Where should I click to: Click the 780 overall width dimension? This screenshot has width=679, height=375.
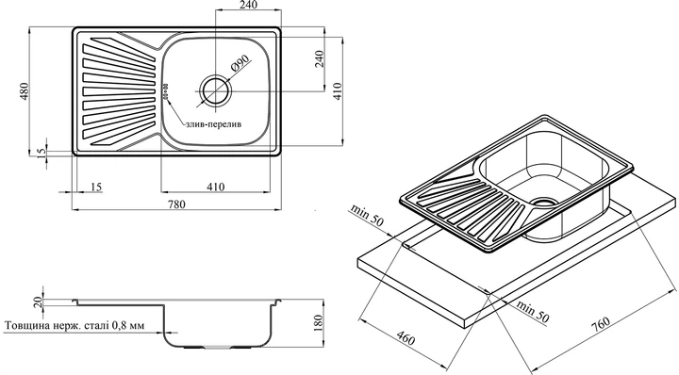point(176,204)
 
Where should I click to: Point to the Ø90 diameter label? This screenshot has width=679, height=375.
point(241,63)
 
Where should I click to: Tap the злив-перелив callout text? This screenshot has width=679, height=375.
point(213,124)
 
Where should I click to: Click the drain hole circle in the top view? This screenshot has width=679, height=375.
point(215,91)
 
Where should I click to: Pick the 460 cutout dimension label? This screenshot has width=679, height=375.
point(406,336)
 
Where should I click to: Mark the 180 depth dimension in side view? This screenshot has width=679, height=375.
point(318,322)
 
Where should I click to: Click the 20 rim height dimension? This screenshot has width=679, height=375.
point(38,302)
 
